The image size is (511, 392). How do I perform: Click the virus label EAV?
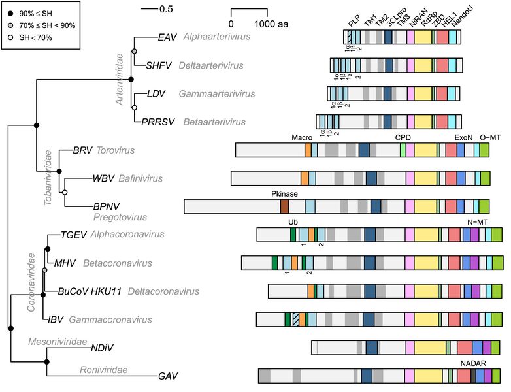167,37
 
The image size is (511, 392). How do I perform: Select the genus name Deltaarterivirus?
211,65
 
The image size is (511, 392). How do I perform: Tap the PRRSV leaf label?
157,122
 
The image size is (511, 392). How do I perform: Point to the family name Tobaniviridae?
48,178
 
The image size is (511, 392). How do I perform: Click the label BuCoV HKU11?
90,291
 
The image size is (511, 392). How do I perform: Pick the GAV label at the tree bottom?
168,376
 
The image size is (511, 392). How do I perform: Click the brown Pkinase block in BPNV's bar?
284,206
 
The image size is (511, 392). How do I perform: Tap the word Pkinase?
284,194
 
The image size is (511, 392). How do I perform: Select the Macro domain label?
302,137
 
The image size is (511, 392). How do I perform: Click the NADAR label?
473,363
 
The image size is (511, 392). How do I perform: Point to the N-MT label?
478,222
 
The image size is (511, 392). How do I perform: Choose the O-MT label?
490,137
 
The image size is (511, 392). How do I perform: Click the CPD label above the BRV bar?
403,137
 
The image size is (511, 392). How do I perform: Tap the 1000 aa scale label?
271,24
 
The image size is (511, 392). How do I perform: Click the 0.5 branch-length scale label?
166,9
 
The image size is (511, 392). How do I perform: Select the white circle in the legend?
10,37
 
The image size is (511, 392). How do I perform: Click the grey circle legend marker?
10,25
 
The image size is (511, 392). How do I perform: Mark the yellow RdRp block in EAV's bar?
423,37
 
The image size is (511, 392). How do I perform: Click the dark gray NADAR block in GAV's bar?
473,376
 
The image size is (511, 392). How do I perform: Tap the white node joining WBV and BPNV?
65,193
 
